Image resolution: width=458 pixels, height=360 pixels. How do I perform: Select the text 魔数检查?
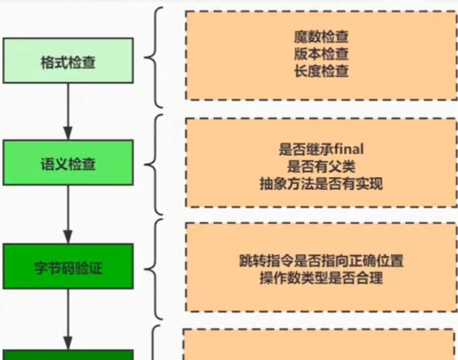[321, 37]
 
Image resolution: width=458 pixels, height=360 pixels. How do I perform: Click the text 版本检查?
[321, 54]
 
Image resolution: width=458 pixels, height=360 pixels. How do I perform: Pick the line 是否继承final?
[321, 150]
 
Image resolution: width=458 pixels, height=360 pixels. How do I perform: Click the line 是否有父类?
[321, 167]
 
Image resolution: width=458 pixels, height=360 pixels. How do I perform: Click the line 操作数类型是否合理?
[321, 278]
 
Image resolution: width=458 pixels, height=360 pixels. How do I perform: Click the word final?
[348, 150]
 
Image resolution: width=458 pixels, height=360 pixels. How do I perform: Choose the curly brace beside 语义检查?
[155, 164]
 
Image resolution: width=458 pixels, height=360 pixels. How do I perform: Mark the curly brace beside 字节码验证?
[155, 268]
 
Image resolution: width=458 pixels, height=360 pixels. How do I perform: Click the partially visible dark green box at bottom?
[68, 355]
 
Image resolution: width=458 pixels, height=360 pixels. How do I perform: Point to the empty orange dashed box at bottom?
[318, 345]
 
